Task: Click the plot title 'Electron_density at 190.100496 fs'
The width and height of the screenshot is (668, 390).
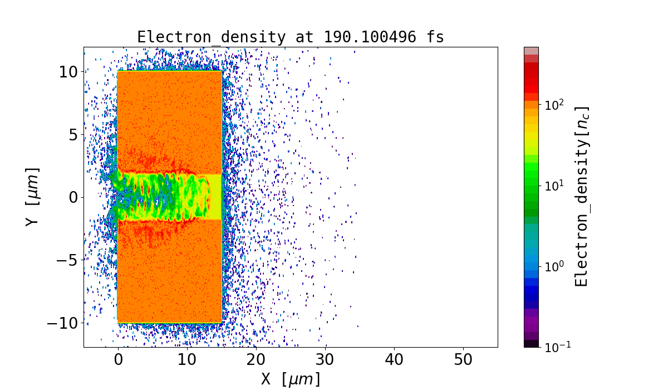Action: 290,37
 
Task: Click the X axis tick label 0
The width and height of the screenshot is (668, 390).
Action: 118,360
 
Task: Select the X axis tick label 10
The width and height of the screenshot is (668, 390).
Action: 187,360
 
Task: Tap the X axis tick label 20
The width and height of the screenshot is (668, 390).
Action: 256,360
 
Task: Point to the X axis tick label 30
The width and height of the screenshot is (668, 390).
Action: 325,360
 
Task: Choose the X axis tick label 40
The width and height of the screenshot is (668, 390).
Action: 394,360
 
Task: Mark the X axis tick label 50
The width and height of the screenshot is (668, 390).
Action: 463,360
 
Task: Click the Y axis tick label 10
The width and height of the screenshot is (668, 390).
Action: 70,72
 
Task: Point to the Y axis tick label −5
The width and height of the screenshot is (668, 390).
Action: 67,260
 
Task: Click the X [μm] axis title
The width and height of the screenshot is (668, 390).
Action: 291,379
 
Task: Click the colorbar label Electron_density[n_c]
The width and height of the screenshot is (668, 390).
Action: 581,196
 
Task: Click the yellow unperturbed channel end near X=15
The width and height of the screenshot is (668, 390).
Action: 216,197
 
